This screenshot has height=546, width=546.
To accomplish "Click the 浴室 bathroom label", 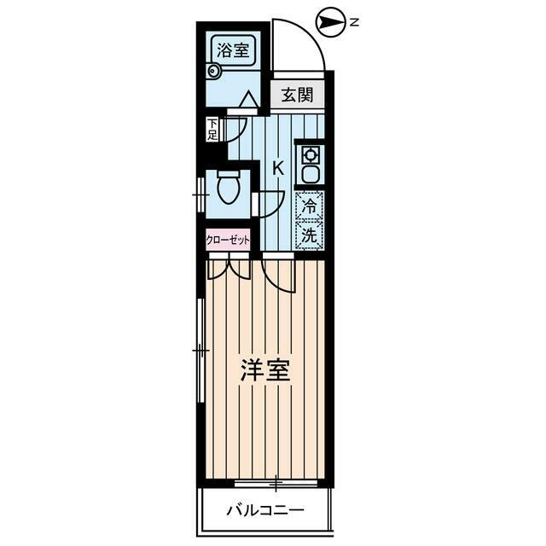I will (x=232, y=49).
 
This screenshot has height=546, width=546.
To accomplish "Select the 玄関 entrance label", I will (x=298, y=95).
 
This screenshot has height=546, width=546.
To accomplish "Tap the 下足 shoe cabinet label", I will (x=212, y=130).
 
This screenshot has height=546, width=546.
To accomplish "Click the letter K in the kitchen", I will (x=277, y=167).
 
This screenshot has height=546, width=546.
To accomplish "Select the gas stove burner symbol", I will (x=310, y=155).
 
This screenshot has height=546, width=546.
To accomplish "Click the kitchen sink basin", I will (x=310, y=176).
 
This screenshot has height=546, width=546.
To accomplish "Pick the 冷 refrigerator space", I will (x=310, y=206).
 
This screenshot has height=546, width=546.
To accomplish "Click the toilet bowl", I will (x=229, y=189).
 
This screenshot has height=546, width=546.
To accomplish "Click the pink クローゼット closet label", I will (x=228, y=240).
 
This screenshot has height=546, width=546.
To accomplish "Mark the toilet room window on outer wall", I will (x=200, y=196).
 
